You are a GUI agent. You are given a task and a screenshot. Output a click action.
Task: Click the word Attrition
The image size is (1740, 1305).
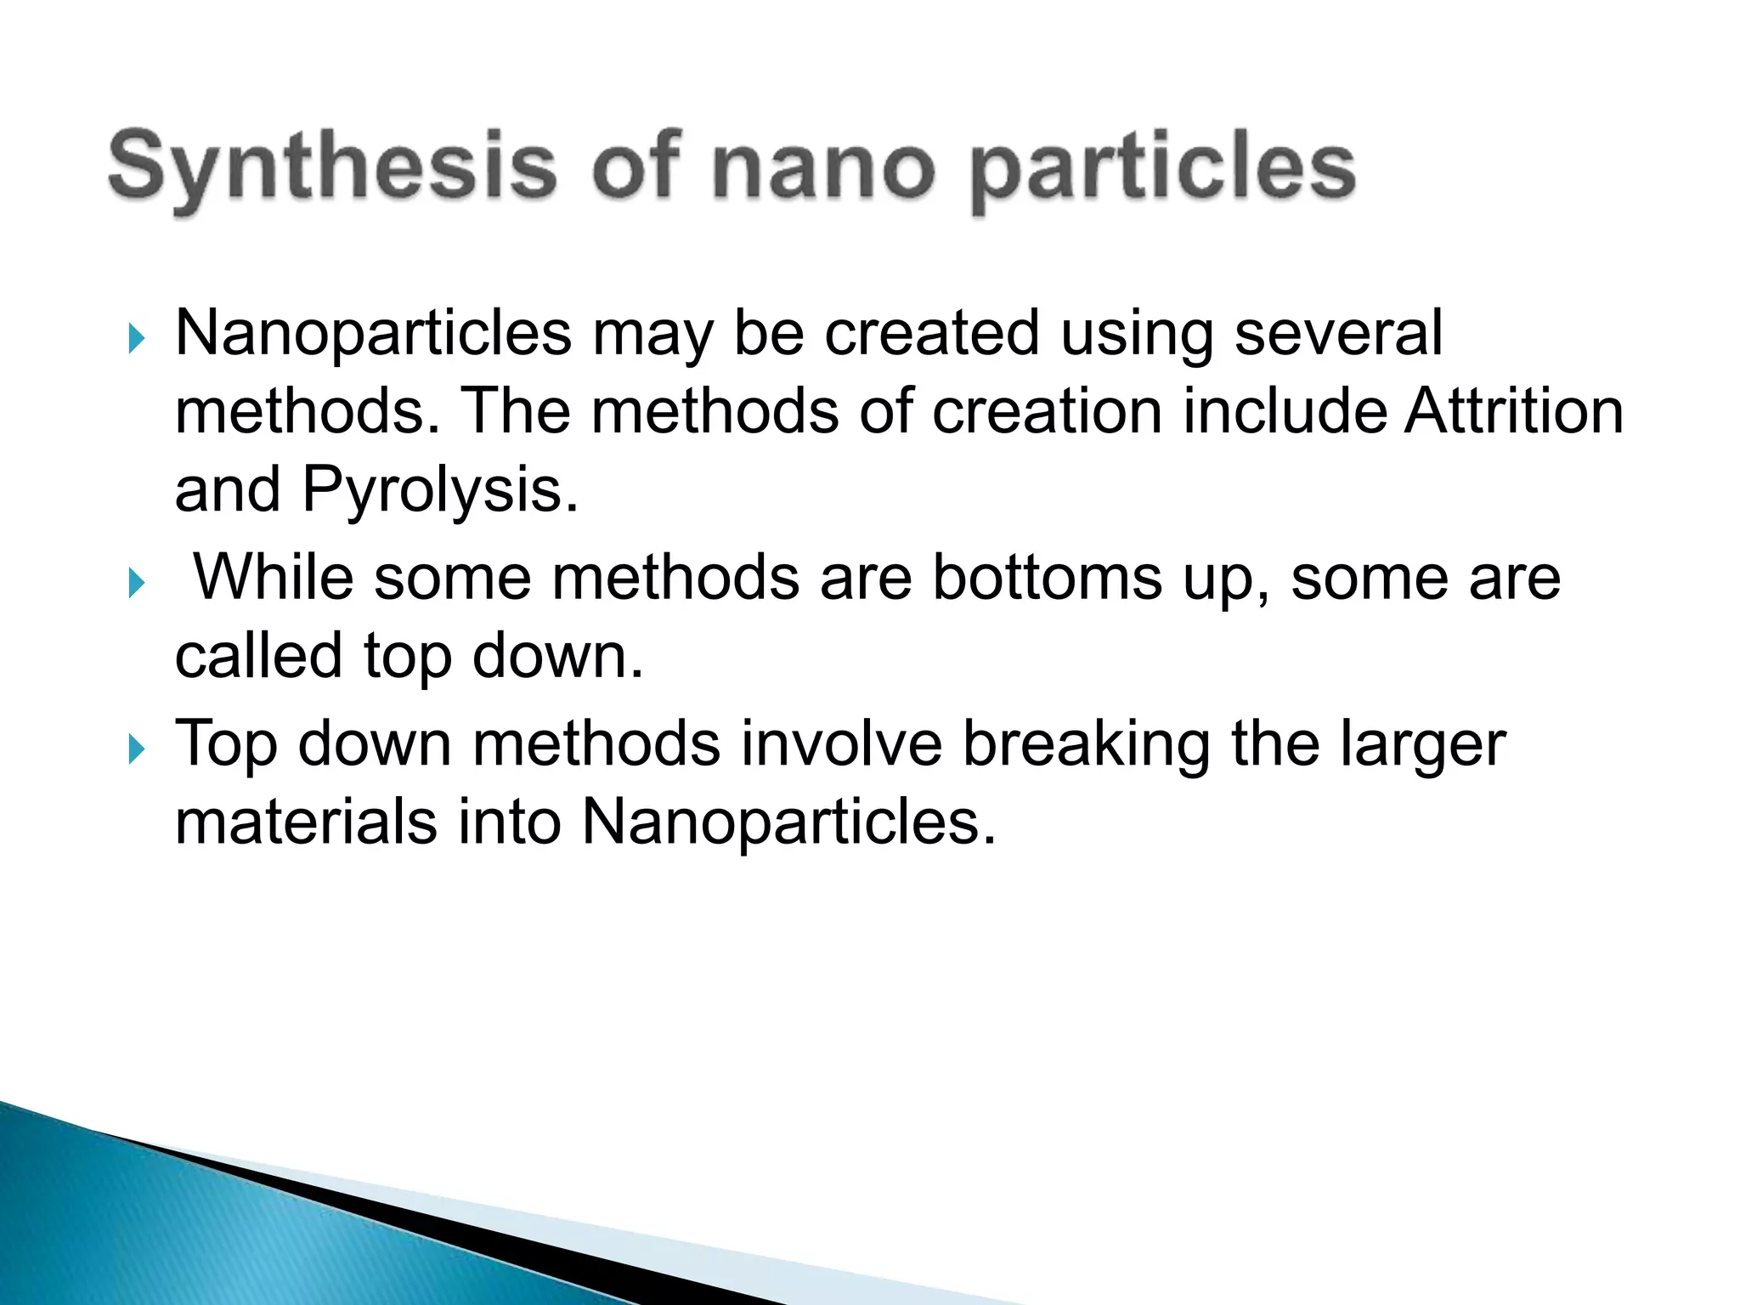pyautogui.click(x=1513, y=411)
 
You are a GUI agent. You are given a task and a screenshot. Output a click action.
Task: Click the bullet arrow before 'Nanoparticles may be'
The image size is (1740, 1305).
pyautogui.click(x=136, y=339)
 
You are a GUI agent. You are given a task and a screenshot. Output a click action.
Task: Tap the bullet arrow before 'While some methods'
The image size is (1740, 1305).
pyautogui.click(x=136, y=584)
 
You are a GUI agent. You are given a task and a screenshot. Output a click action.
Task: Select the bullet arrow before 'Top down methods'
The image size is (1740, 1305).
pyautogui.click(x=136, y=749)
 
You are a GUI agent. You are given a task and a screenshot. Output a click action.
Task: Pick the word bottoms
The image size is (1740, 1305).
pyautogui.click(x=1047, y=578)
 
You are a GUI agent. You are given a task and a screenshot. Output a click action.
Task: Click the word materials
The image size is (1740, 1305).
pyautogui.click(x=306, y=822)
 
